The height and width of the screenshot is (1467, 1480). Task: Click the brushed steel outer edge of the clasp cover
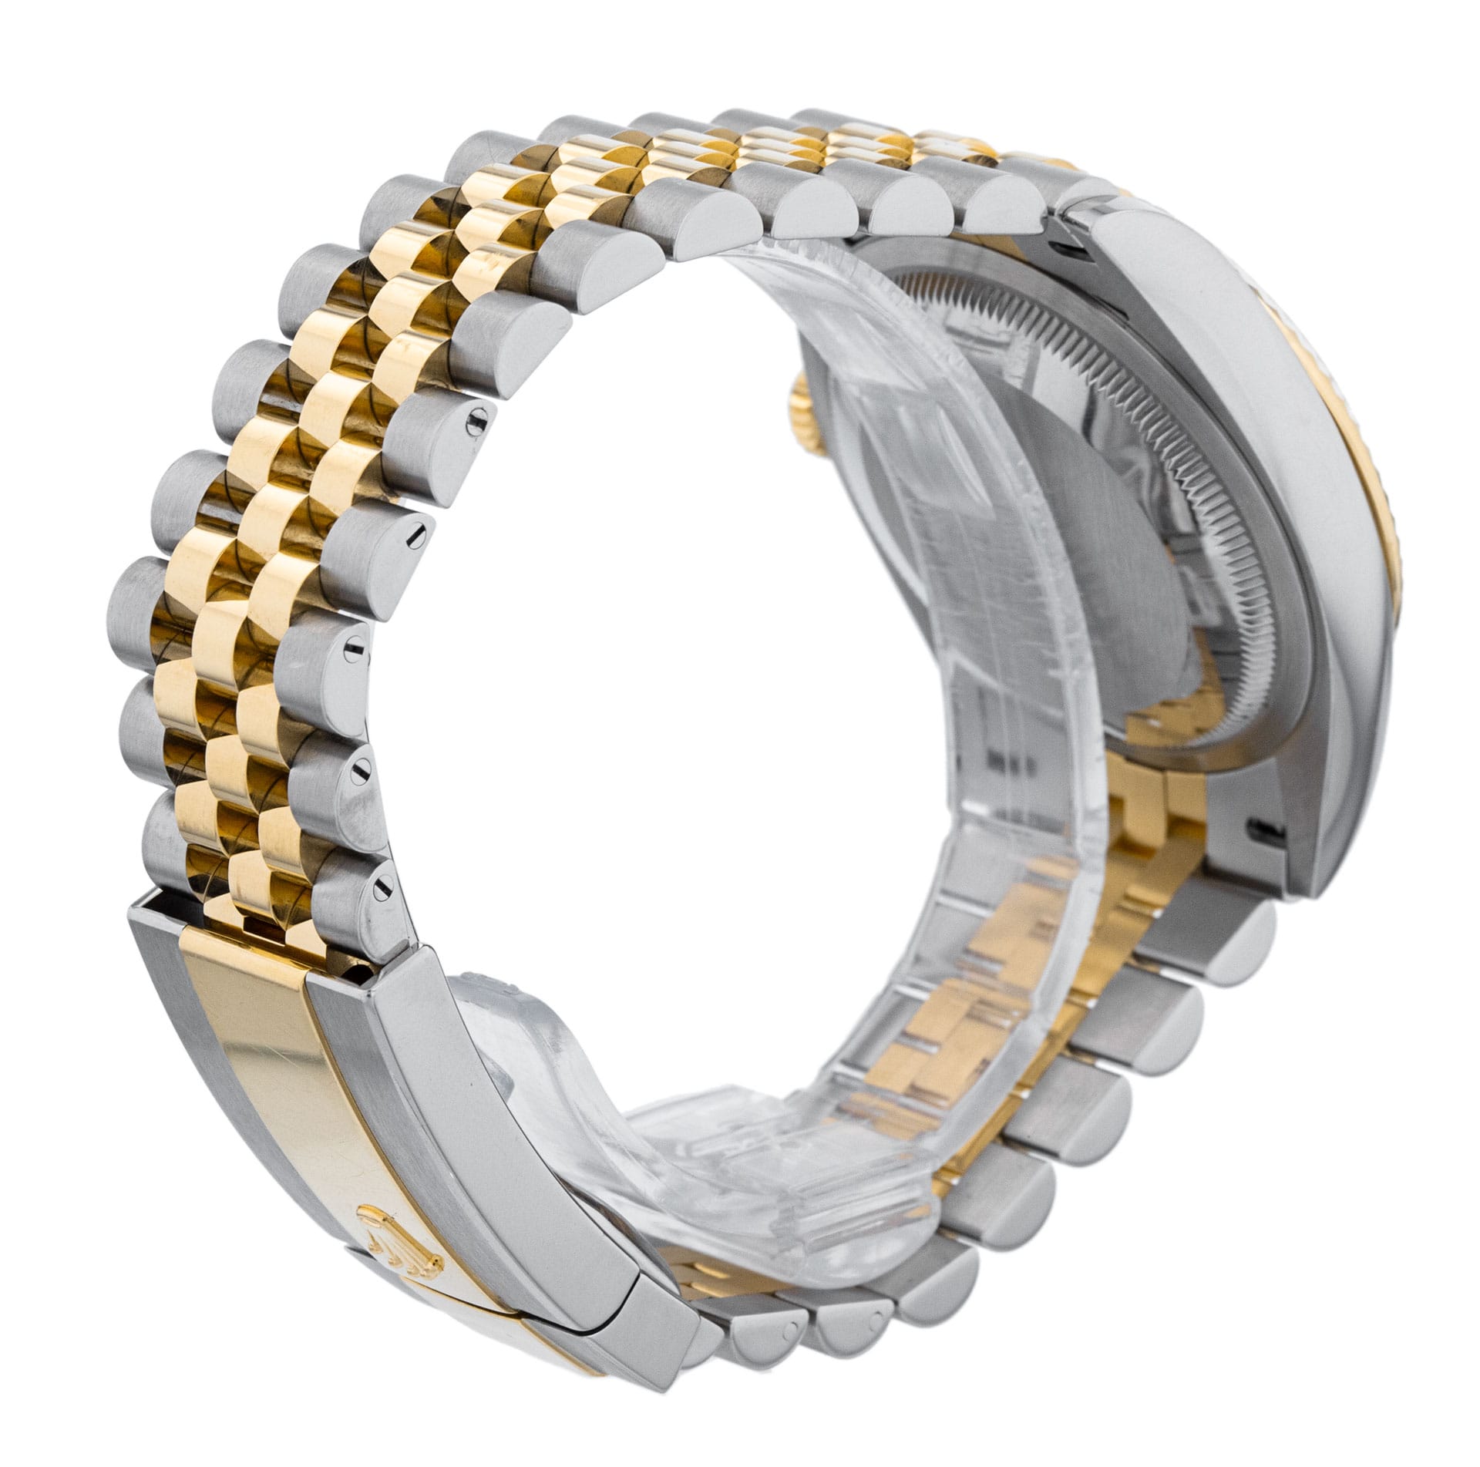432,1079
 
